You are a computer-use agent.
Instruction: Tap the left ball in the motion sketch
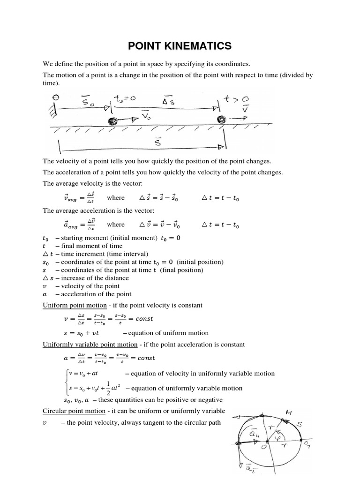click(112, 121)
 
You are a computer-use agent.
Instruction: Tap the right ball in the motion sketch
click(221, 120)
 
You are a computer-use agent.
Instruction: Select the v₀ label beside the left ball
click(147, 115)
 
